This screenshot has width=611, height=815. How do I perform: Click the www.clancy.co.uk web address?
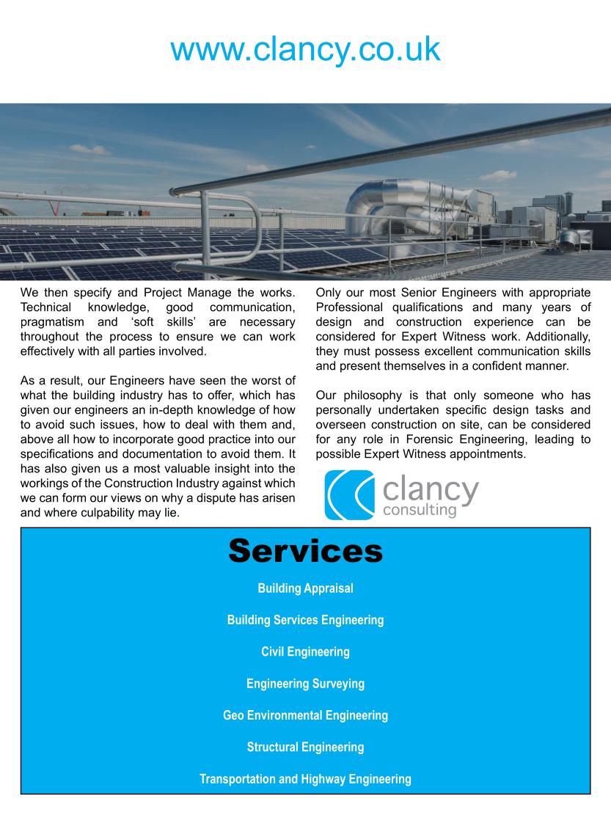pyautogui.click(x=305, y=48)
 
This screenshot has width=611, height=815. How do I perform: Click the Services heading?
pyautogui.click(x=305, y=550)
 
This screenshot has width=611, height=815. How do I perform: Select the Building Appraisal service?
pyautogui.click(x=305, y=588)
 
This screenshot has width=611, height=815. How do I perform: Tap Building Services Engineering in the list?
pyautogui.click(x=305, y=620)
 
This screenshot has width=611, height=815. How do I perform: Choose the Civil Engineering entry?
pyautogui.click(x=305, y=651)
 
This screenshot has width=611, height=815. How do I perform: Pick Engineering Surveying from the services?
pyautogui.click(x=305, y=684)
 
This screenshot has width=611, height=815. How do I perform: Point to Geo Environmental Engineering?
pyautogui.click(x=305, y=715)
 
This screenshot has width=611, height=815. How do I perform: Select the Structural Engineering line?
pyautogui.click(x=305, y=748)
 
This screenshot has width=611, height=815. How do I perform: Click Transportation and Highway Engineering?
pyautogui.click(x=305, y=779)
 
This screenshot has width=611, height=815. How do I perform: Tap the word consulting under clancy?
pyautogui.click(x=420, y=510)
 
